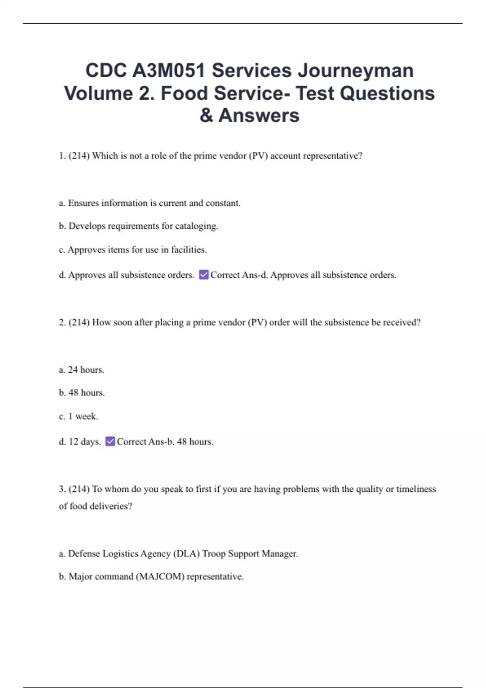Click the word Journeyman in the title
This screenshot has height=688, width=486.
point(356,71)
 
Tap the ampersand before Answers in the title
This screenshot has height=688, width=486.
point(206,115)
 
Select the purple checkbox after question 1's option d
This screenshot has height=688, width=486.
point(204,275)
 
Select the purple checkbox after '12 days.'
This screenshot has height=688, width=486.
point(110,441)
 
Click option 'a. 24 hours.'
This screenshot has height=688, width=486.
point(81,369)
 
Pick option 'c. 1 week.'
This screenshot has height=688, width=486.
point(79,416)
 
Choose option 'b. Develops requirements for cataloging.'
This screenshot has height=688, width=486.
point(139,226)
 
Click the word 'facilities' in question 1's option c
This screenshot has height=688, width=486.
point(189,250)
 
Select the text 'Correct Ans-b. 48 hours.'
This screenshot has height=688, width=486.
point(165,442)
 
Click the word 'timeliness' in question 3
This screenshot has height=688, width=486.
point(416,489)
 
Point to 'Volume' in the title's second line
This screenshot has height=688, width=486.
point(99,93)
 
